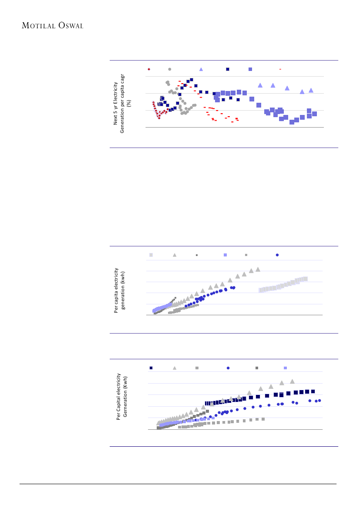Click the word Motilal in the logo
(x=38, y=26)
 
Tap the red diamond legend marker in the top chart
(x=149, y=69)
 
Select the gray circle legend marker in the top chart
(x=170, y=69)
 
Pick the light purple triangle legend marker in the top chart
(x=201, y=69)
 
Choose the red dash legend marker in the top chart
(x=280, y=69)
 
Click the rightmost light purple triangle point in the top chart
(x=311, y=90)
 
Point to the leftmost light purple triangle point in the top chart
(x=260, y=85)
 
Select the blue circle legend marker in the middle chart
(x=277, y=255)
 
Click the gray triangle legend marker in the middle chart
(x=175, y=255)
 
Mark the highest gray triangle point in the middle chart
(x=258, y=270)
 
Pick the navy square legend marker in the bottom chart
(x=151, y=368)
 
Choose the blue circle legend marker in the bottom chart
(x=228, y=368)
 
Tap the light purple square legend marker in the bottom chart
(x=286, y=368)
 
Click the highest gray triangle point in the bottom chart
(x=293, y=381)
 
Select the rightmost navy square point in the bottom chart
(x=313, y=391)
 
